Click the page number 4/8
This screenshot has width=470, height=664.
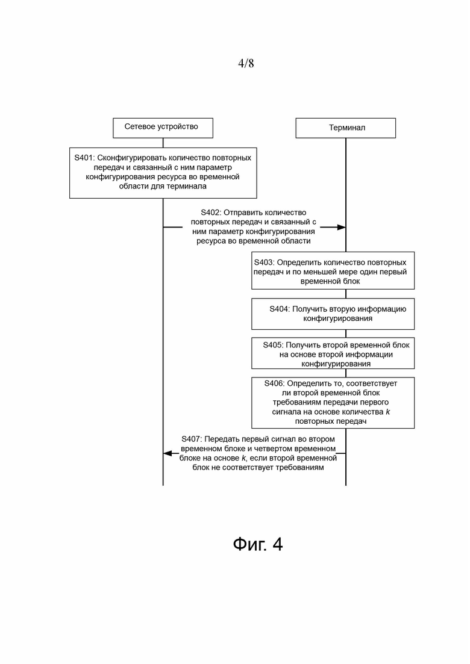[246, 64]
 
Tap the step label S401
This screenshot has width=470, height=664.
[84, 158]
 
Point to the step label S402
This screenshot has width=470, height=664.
[210, 213]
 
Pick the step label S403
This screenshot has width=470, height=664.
[264, 262]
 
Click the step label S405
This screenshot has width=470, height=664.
[272, 345]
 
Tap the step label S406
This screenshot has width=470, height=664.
[274, 383]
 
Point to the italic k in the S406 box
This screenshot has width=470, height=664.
[388, 412]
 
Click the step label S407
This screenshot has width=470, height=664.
[192, 439]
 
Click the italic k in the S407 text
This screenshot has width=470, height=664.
[243, 458]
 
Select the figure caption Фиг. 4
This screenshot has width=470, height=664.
[258, 544]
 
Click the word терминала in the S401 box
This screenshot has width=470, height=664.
[186, 187]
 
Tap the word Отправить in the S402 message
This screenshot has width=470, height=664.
[243, 213]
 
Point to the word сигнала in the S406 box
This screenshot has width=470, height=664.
[285, 412]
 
